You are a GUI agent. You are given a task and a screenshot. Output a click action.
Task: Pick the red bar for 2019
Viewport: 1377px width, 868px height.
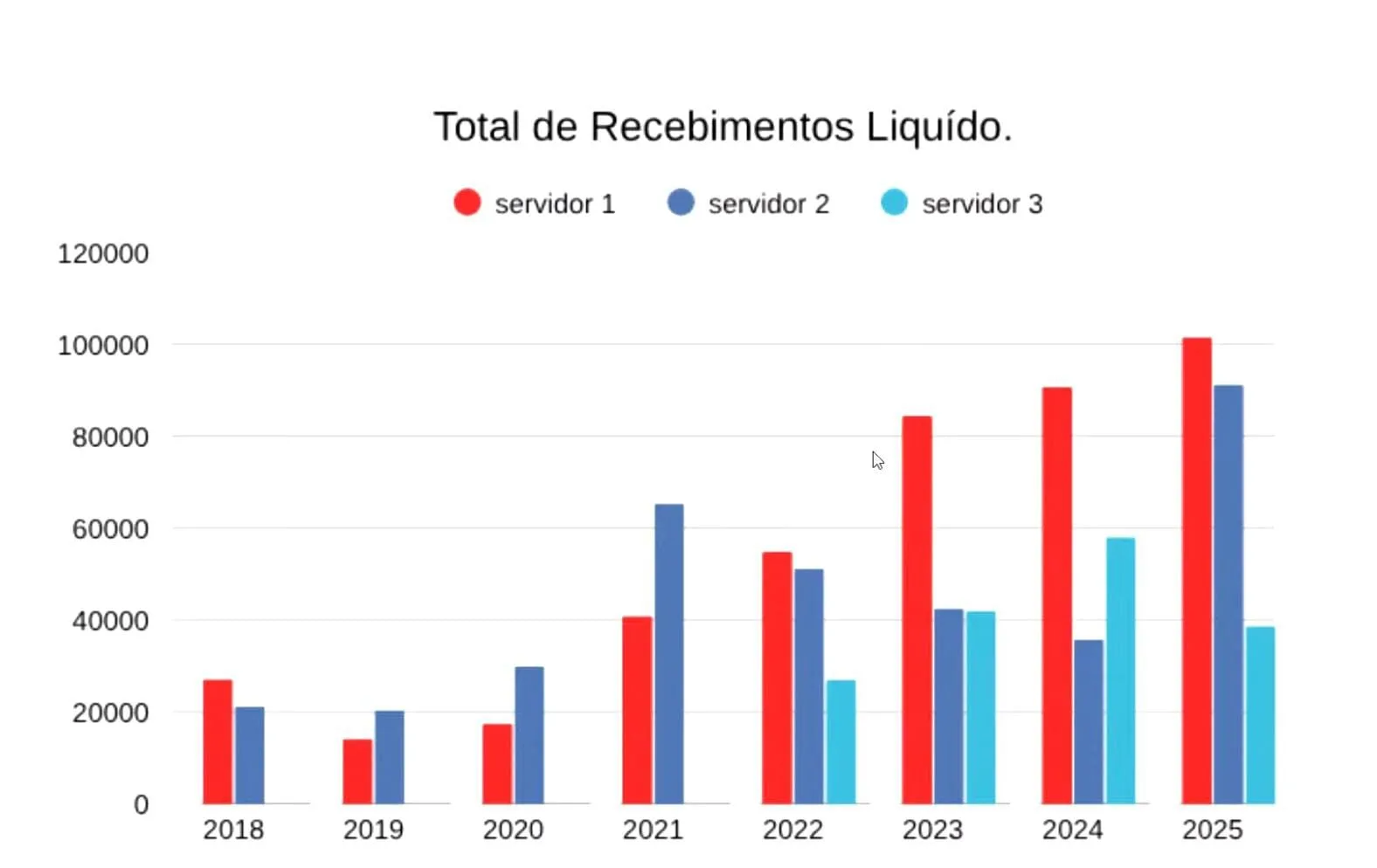(357, 771)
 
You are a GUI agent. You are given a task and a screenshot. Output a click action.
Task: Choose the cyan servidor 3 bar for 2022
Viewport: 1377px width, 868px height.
(841, 741)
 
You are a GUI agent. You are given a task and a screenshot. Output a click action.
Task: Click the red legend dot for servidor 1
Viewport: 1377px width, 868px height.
(467, 203)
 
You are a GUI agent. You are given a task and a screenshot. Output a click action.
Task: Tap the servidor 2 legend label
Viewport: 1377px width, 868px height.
(768, 204)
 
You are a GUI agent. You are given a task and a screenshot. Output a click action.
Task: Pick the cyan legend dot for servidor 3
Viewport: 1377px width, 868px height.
(894, 203)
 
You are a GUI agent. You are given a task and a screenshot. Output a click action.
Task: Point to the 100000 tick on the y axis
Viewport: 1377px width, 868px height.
(103, 346)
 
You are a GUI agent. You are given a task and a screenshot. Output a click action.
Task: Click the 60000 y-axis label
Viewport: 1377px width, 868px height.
(110, 529)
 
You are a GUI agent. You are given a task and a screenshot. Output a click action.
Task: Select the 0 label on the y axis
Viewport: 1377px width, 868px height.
(141, 804)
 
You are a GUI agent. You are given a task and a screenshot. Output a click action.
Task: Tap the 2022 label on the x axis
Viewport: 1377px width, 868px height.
(792, 830)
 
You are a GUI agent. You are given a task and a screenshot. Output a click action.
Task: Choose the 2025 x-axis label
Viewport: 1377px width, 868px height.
(1212, 830)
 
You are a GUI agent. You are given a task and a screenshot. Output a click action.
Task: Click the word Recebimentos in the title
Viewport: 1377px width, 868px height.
(722, 127)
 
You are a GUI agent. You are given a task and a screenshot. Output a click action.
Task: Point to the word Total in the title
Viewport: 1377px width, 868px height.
(477, 127)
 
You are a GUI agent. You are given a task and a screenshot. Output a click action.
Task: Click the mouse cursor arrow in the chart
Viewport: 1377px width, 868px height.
(877, 460)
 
